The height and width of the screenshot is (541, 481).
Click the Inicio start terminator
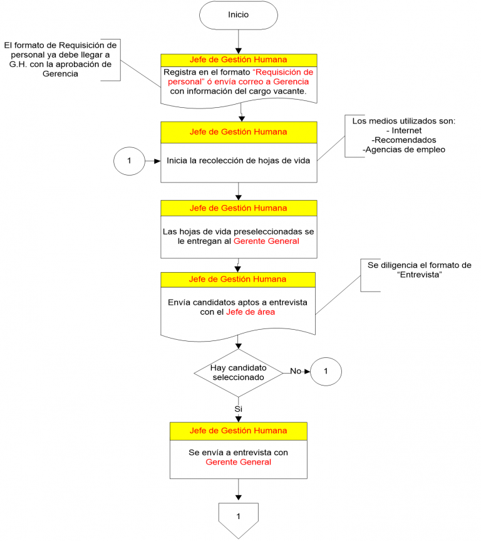[238, 14]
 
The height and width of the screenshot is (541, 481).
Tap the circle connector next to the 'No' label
[326, 371]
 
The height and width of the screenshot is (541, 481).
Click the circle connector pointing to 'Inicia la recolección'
[129, 160]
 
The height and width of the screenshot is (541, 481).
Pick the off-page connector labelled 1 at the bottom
[238, 518]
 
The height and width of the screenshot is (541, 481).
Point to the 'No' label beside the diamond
[295, 371]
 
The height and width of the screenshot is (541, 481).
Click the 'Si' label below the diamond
[238, 409]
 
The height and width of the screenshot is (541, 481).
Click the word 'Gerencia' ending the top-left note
[59, 74]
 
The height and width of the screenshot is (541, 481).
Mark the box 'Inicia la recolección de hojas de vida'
[238, 160]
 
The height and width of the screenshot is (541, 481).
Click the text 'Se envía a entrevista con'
[238, 451]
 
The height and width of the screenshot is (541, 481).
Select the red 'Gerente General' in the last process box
[238, 462]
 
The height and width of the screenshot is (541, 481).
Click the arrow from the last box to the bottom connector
[238, 490]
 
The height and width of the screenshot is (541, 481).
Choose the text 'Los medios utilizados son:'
[403, 121]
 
